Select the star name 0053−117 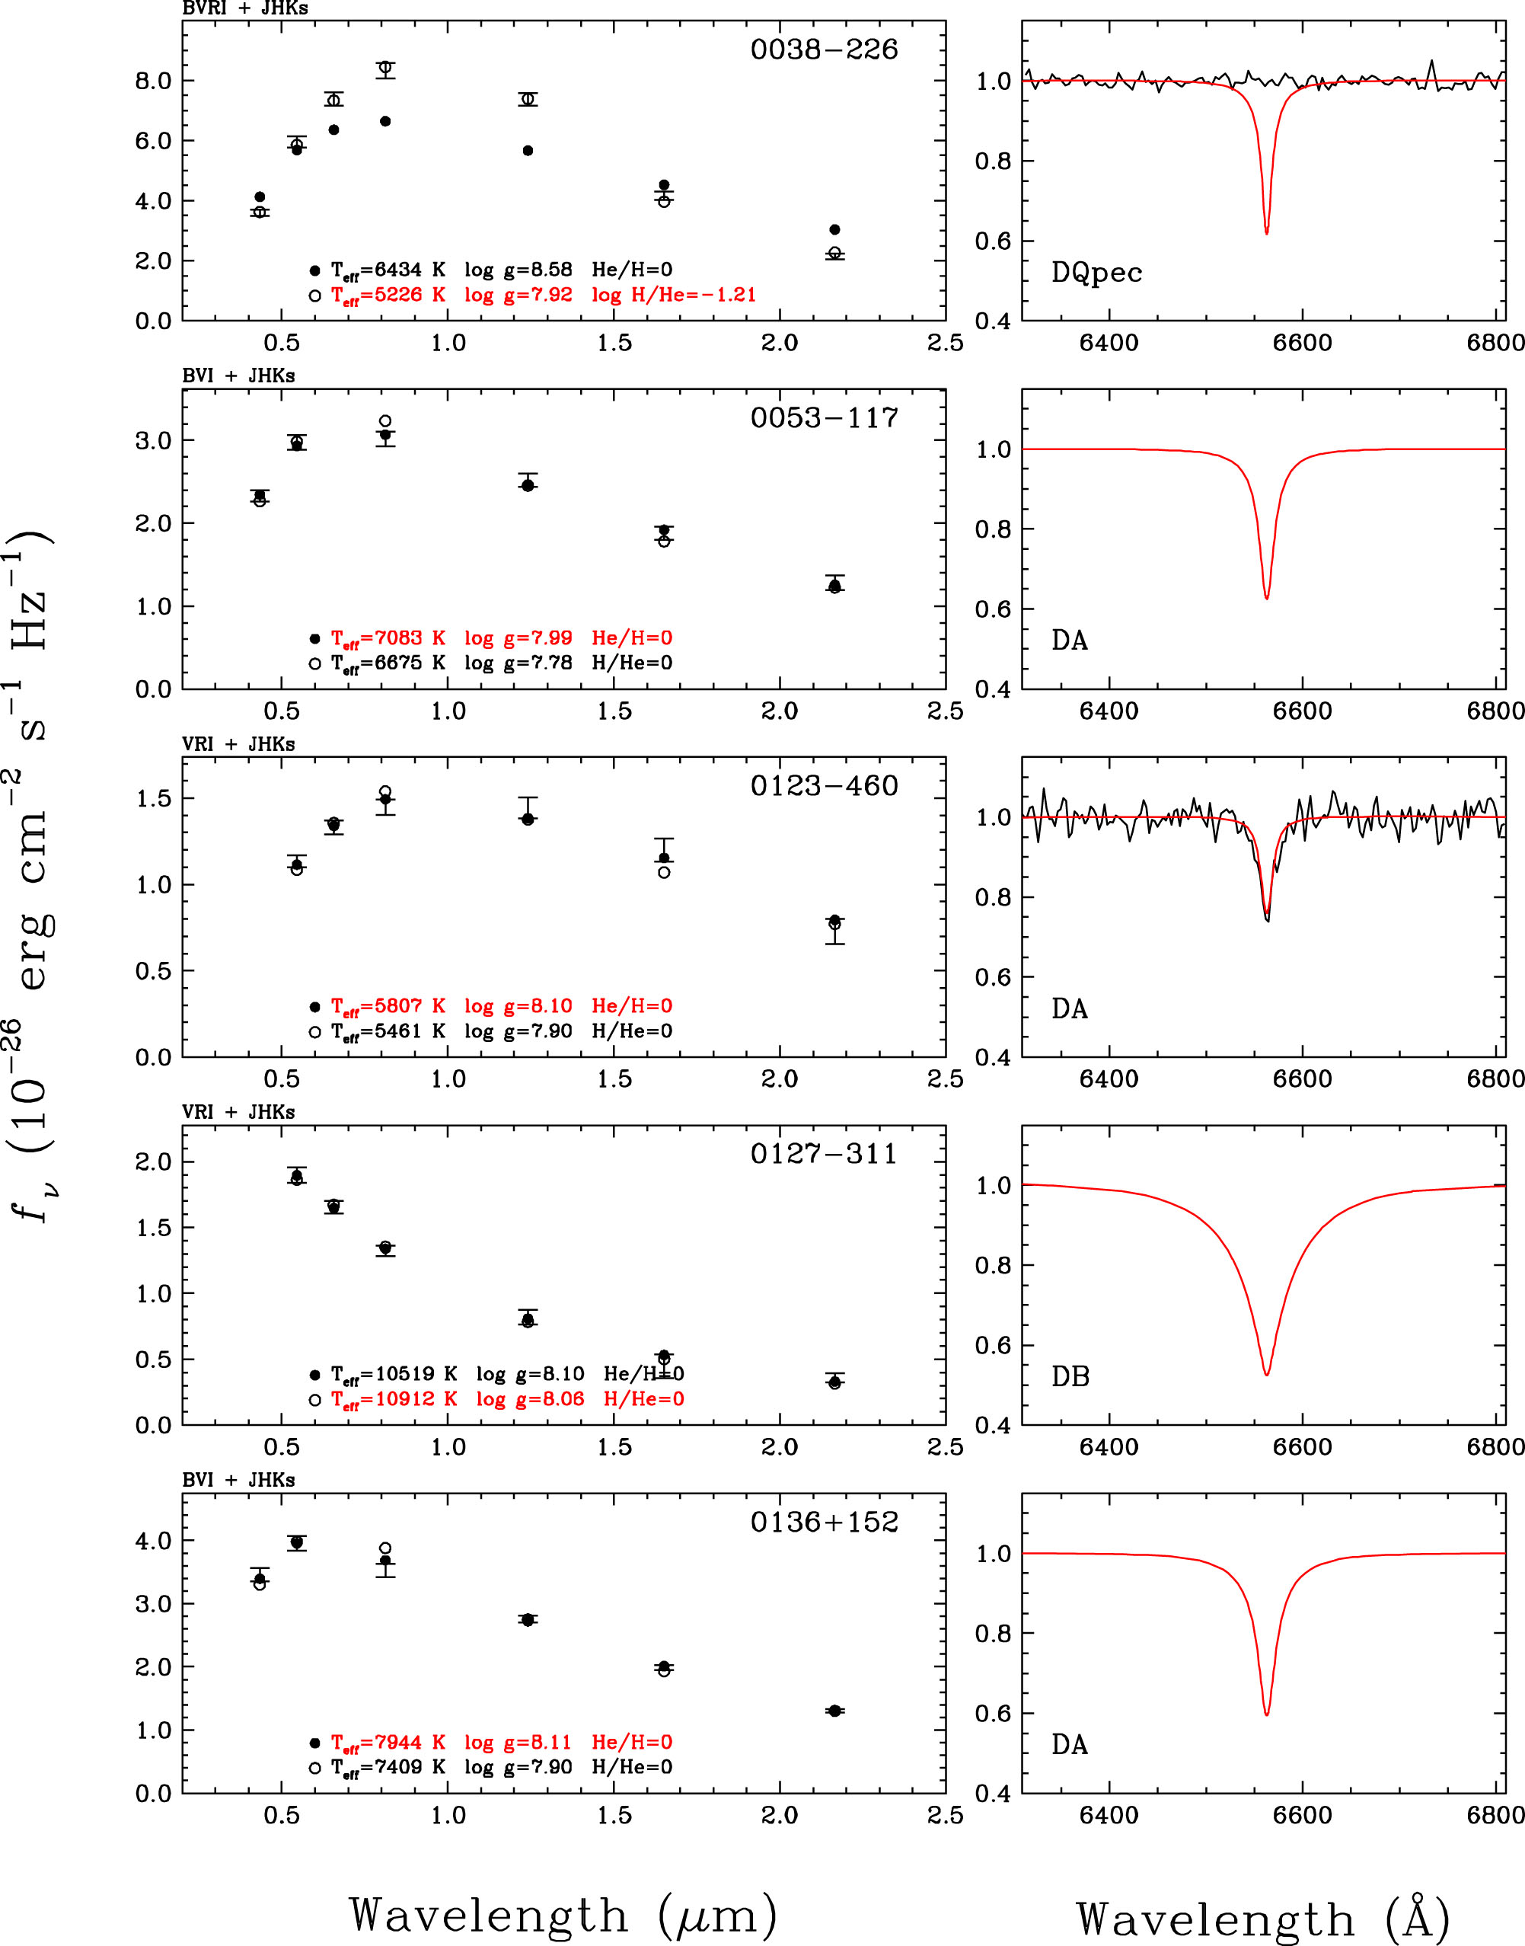click(823, 418)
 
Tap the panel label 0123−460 click(823, 786)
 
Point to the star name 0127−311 click(823, 1154)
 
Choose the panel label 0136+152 click(823, 1522)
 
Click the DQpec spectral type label click(1096, 273)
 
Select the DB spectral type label click(1070, 1377)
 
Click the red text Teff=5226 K click(388, 296)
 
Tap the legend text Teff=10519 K click(394, 1373)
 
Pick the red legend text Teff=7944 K click(388, 1743)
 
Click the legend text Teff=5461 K click(388, 1031)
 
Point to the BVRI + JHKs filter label click(244, 9)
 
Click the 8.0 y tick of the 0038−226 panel click(153, 81)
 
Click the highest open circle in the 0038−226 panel click(384, 68)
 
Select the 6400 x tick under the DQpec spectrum click(1108, 343)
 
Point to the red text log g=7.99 click(518, 638)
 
